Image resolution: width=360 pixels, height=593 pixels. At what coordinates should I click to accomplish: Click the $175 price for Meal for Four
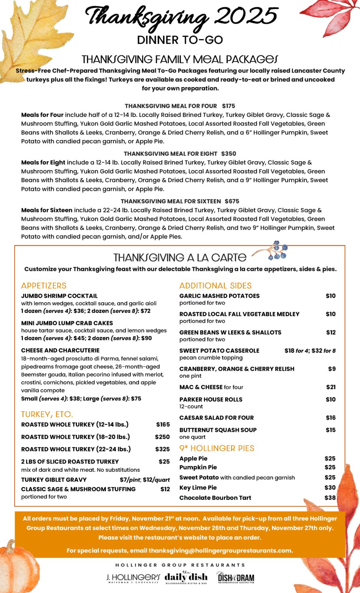(228, 106)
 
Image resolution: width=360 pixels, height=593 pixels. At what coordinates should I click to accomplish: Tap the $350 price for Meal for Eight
(228, 153)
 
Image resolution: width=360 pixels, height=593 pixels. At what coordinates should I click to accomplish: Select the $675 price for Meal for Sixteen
(232, 201)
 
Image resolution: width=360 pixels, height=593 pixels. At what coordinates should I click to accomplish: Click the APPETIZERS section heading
(44, 285)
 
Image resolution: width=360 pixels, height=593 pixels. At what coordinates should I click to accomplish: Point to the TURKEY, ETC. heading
(47, 414)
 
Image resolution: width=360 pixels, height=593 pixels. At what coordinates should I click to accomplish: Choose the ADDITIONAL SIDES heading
(215, 285)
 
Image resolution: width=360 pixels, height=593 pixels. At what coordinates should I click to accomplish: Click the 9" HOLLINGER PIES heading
(217, 448)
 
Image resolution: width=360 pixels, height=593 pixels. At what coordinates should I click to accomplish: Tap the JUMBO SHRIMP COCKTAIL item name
(59, 296)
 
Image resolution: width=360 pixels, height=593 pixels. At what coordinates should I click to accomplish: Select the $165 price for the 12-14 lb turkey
(163, 425)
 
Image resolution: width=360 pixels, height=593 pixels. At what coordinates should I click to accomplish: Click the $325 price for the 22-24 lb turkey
(162, 449)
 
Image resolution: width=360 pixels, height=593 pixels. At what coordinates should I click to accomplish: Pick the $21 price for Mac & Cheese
(331, 387)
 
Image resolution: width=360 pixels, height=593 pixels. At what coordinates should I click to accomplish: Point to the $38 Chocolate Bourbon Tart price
(330, 498)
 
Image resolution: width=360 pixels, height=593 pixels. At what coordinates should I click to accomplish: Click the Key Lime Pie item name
(198, 487)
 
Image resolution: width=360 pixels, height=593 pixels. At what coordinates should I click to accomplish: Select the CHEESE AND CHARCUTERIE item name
(60, 350)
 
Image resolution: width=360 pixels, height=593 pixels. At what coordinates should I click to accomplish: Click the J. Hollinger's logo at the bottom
(133, 578)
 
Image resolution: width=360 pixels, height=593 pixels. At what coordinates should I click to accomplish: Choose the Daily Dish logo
(186, 578)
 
